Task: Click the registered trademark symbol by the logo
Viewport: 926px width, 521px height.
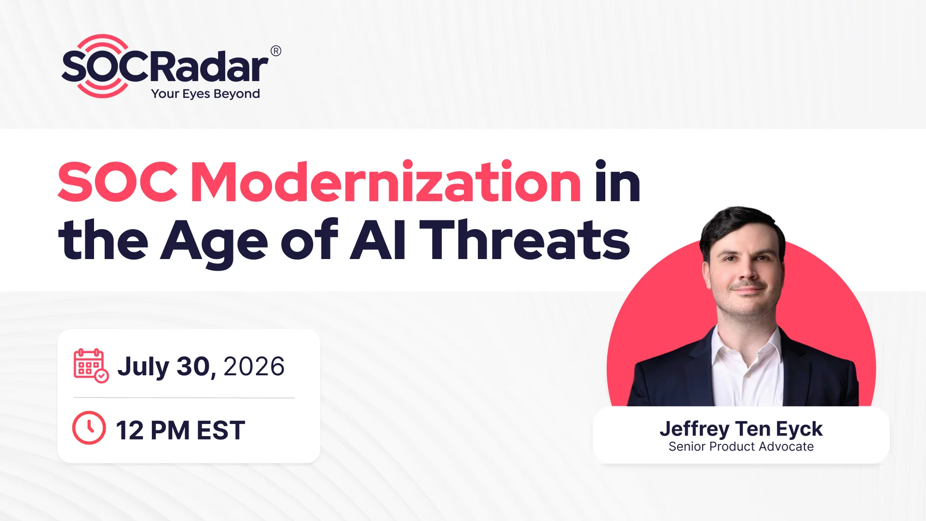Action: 276,51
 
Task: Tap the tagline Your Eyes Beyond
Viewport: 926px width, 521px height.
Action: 205,94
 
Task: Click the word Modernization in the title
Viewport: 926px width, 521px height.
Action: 386,182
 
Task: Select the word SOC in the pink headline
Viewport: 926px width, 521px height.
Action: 118,182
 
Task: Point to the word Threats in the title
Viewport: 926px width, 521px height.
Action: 525,239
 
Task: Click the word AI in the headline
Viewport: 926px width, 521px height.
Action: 378,239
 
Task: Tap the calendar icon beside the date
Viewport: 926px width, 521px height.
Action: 91,366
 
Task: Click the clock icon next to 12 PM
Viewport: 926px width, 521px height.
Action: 89,428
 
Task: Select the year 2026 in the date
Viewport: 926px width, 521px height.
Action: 254,367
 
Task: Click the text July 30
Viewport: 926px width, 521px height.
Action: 164,368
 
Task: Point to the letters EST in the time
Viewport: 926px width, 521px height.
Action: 221,430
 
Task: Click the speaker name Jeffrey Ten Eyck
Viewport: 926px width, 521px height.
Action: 741,429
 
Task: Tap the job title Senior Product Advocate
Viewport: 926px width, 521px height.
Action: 741,447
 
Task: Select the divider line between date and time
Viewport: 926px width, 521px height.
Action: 184,398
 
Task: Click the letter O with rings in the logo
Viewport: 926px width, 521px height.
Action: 102,67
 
